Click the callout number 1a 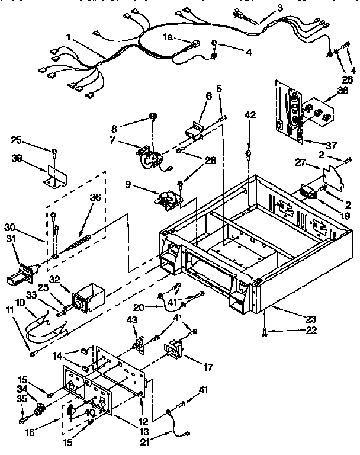[x=168, y=37]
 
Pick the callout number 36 [x=94, y=198]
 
